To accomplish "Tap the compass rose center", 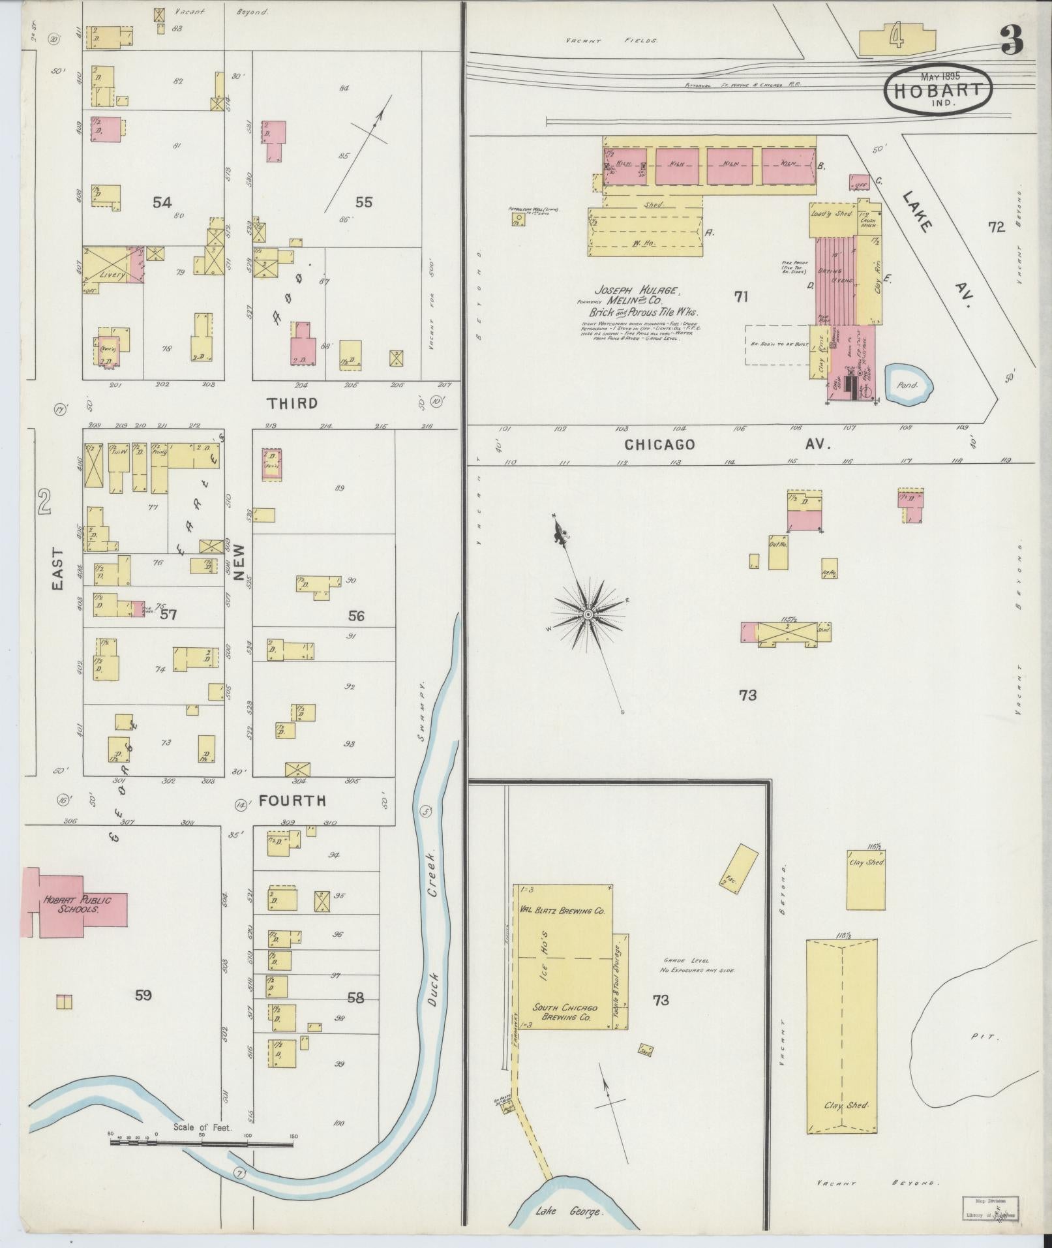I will pyautogui.click(x=588, y=615).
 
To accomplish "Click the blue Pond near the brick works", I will pyautogui.click(x=909, y=384).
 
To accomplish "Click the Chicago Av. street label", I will pyautogui.click(x=727, y=444).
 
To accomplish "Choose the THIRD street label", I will pyautogui.click(x=292, y=403).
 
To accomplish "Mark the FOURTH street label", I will pyautogui.click(x=292, y=800).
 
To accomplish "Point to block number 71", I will pyautogui.click(x=740, y=297).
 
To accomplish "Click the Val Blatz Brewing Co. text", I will pyautogui.click(x=562, y=909).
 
